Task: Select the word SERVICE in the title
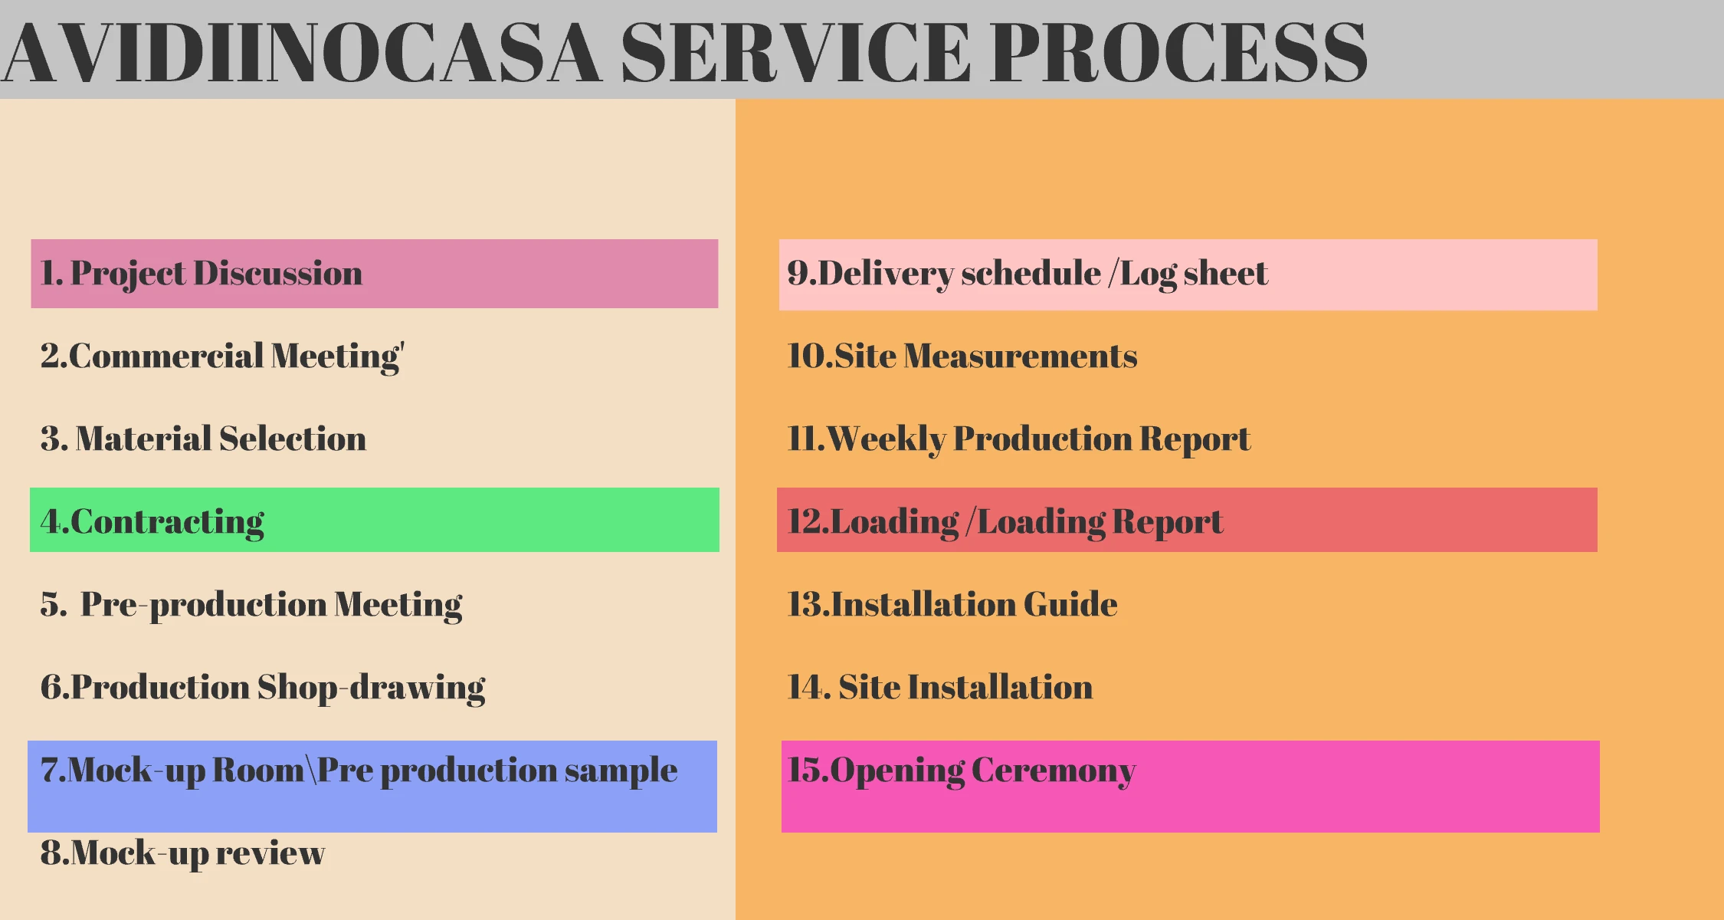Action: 795,52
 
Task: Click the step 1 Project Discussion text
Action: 202,274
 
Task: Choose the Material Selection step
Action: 203,439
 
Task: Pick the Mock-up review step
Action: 182,853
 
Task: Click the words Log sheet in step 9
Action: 1194,274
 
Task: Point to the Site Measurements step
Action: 962,356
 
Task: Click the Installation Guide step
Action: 952,604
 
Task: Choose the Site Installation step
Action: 940,687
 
